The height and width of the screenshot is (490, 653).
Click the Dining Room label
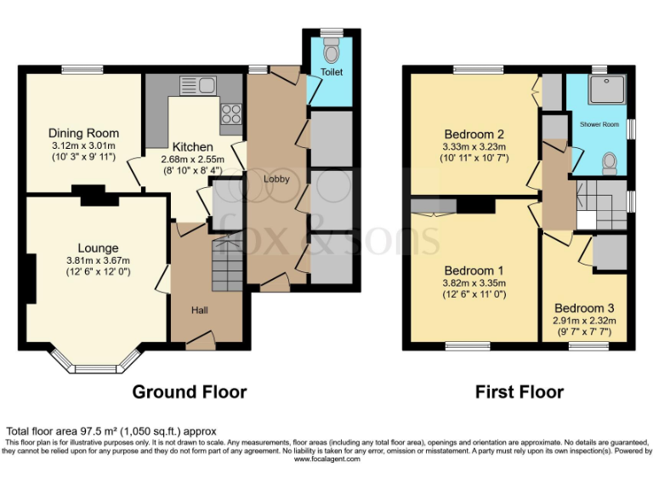tap(83, 134)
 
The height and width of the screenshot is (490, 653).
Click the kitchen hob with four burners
tap(231, 113)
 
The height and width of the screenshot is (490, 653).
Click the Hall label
tap(199, 310)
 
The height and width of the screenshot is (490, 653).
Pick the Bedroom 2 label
tap(474, 134)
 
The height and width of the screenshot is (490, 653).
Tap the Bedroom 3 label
tap(584, 308)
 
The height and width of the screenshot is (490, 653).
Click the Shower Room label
tap(599, 124)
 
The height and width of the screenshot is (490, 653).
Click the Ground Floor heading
tap(189, 392)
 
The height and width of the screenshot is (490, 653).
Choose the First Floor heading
tap(520, 392)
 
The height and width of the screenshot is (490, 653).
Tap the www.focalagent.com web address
tap(327, 459)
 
